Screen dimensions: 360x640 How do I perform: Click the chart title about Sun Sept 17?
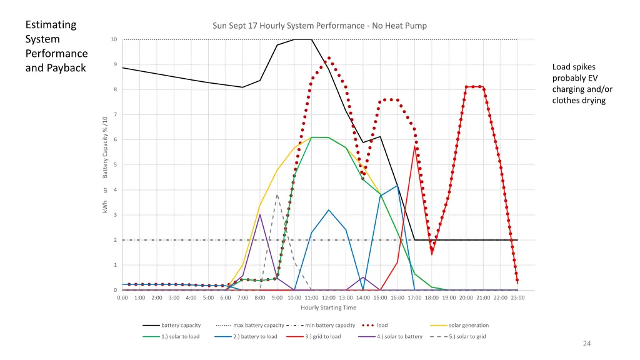click(319, 26)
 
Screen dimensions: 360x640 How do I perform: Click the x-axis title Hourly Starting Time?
click(328, 307)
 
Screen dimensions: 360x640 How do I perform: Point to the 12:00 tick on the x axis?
click(328, 297)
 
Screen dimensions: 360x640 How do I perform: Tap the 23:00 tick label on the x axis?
click(517, 297)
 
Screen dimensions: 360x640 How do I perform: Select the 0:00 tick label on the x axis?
click(122, 297)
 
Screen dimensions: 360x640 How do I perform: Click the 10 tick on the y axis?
click(113, 39)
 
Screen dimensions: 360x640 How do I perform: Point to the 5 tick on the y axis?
click(114, 165)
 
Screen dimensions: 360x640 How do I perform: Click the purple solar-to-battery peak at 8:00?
click(260, 214)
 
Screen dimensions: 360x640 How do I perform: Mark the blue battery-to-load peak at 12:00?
click(328, 210)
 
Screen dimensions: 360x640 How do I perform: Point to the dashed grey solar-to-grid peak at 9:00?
click(277, 195)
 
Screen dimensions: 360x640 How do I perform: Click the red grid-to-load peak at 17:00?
click(414, 146)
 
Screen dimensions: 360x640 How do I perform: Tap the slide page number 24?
click(586, 343)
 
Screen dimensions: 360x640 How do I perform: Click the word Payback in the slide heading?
click(66, 67)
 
